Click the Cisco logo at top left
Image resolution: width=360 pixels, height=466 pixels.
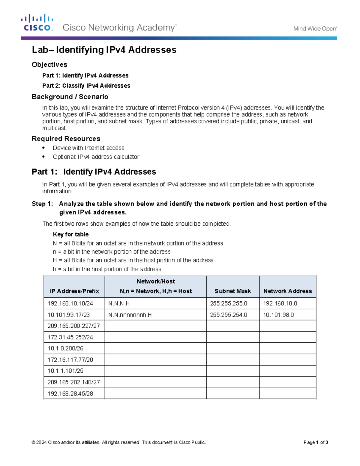pyautogui.click(x=37, y=23)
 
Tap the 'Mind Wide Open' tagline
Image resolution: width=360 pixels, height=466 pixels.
pyautogui.click(x=315, y=29)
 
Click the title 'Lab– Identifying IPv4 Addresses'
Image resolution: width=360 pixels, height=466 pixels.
pyautogui.click(x=104, y=50)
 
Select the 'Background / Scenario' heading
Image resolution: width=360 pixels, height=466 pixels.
pyautogui.click(x=70, y=97)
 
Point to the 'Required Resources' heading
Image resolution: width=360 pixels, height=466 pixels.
pyautogui.click(x=66, y=139)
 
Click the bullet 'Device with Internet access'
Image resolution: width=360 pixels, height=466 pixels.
pyautogui.click(x=88, y=148)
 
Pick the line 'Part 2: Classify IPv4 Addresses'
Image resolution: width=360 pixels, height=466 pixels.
pyautogui.click(x=86, y=86)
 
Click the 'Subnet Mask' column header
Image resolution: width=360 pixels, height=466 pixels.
pyautogui.click(x=232, y=291)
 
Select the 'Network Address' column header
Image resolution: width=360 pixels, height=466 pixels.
pyautogui.click(x=287, y=291)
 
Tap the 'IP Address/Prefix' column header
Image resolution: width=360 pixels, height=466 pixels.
pyautogui.click(x=74, y=291)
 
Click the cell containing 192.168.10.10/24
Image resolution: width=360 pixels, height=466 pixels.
pyautogui.click(x=70, y=303)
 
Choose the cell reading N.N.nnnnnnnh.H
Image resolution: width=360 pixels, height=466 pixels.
pyautogui.click(x=130, y=315)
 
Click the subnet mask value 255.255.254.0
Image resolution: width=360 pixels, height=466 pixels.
pyautogui.click(x=229, y=315)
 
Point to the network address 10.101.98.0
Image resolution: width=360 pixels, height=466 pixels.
pyautogui.click(x=278, y=315)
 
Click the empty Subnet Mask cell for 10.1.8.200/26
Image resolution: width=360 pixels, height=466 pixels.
pyautogui.click(x=232, y=348)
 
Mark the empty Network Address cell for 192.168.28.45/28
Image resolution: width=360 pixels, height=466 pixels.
pyautogui.click(x=287, y=393)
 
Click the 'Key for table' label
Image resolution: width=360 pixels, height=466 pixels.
pyautogui.click(x=71, y=234)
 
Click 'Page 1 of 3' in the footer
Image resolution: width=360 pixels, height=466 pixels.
pyautogui.click(x=316, y=442)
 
